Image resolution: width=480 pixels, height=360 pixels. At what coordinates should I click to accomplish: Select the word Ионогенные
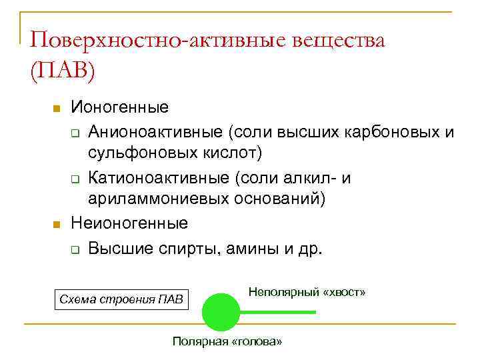pyautogui.click(x=120, y=107)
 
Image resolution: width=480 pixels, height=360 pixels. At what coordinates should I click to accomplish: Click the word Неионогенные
pyautogui.click(x=129, y=223)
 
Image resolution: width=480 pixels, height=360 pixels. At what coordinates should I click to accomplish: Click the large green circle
pyautogui.click(x=221, y=311)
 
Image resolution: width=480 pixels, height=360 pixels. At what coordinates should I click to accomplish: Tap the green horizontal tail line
pyautogui.click(x=278, y=312)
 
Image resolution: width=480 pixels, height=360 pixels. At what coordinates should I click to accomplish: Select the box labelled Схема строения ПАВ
pyautogui.click(x=121, y=298)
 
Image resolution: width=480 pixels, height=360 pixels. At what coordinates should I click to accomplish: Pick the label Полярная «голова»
pyautogui.click(x=227, y=341)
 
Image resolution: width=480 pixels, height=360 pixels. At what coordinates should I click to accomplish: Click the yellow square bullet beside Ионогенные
pyautogui.click(x=57, y=108)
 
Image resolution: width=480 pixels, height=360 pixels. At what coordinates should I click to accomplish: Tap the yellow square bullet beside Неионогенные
pyautogui.click(x=57, y=224)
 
